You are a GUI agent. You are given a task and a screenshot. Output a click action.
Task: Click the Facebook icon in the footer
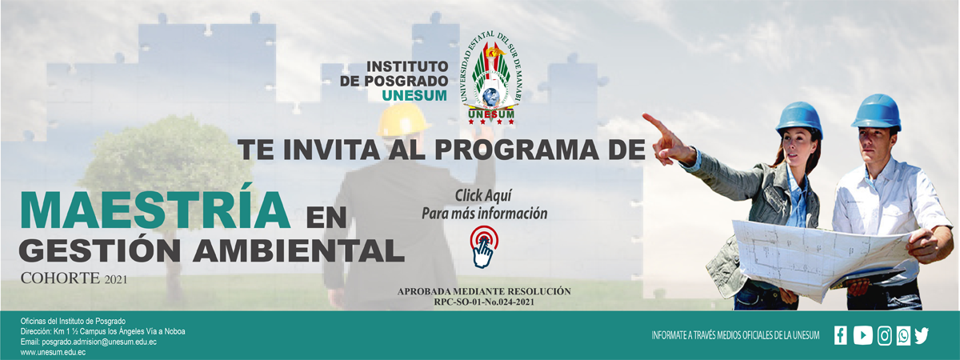pos(841,335)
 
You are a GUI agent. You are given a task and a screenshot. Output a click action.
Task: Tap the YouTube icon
pos(862,335)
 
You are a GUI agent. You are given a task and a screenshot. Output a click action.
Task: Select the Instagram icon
pos(885,335)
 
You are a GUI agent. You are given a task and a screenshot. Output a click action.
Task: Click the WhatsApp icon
pos(903,335)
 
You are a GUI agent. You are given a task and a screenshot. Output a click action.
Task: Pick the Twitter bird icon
pos(922,335)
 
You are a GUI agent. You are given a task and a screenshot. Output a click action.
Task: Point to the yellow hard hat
pos(402,120)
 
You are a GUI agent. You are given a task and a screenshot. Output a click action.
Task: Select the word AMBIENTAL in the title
pos(298,250)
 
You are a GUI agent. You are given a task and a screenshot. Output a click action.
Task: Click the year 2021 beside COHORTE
pos(116,280)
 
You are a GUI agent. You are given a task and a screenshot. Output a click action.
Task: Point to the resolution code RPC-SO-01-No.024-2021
pos(484,302)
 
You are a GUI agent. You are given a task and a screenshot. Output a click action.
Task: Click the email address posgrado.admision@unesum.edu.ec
pos(99,342)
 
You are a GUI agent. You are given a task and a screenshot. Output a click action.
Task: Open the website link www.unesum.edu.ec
pos(53,352)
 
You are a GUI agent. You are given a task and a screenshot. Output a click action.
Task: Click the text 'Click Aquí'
pos(483,196)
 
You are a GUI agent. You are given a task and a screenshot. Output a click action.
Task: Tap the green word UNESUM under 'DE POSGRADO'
pos(414,95)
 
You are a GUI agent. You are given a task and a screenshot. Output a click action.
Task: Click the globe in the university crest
pos(489,96)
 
